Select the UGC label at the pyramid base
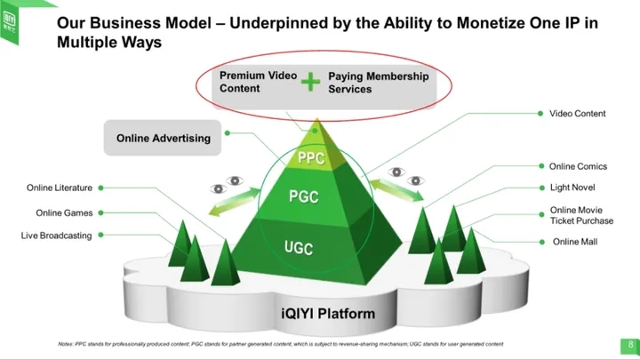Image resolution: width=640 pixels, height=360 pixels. coord(299,247)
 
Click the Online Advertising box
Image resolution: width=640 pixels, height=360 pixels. coord(164,138)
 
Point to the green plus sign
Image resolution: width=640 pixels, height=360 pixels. coord(309,83)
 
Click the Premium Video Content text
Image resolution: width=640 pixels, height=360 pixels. coord(258,83)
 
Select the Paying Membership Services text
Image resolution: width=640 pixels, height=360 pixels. coord(378,83)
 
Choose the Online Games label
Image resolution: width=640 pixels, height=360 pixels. coord(64,212)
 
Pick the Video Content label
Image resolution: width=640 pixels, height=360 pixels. coord(577,114)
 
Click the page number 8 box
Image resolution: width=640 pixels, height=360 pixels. coord(629,345)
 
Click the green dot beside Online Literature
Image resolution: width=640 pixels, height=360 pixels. coord(100,188)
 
